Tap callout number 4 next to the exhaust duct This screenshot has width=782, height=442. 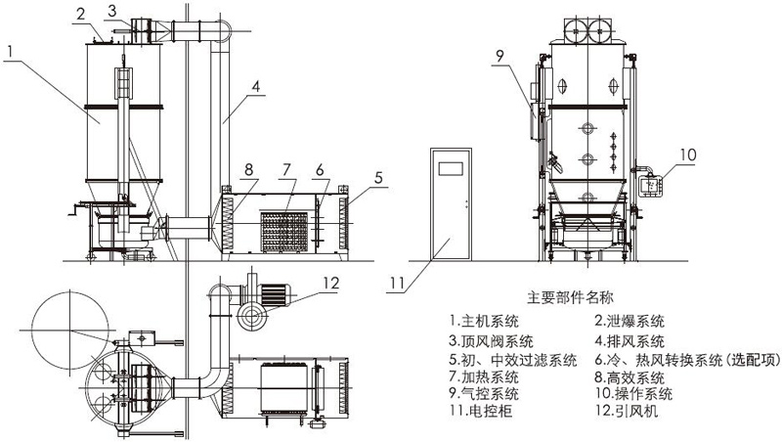coord(254,87)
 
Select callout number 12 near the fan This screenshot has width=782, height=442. coord(332,283)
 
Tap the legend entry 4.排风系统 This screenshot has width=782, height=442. coord(630,339)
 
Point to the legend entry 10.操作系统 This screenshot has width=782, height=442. coord(633,393)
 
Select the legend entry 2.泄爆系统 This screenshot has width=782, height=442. coord(630,320)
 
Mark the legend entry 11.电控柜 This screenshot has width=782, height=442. coord(482,412)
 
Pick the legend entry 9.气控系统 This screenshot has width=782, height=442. coord(486,393)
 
